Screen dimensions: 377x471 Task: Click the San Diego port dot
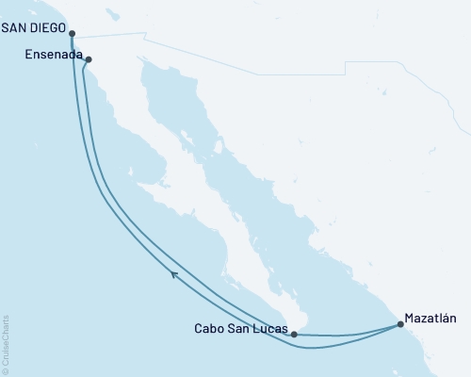[73, 33]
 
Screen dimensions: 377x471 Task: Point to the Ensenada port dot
[89, 60]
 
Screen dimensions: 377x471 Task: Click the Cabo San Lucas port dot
[295, 334]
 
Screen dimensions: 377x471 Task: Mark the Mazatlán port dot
[400, 325]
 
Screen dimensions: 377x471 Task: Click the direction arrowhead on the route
[174, 274]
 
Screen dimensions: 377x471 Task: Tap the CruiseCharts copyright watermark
[6, 346]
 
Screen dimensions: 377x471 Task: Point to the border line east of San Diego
[113, 37]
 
